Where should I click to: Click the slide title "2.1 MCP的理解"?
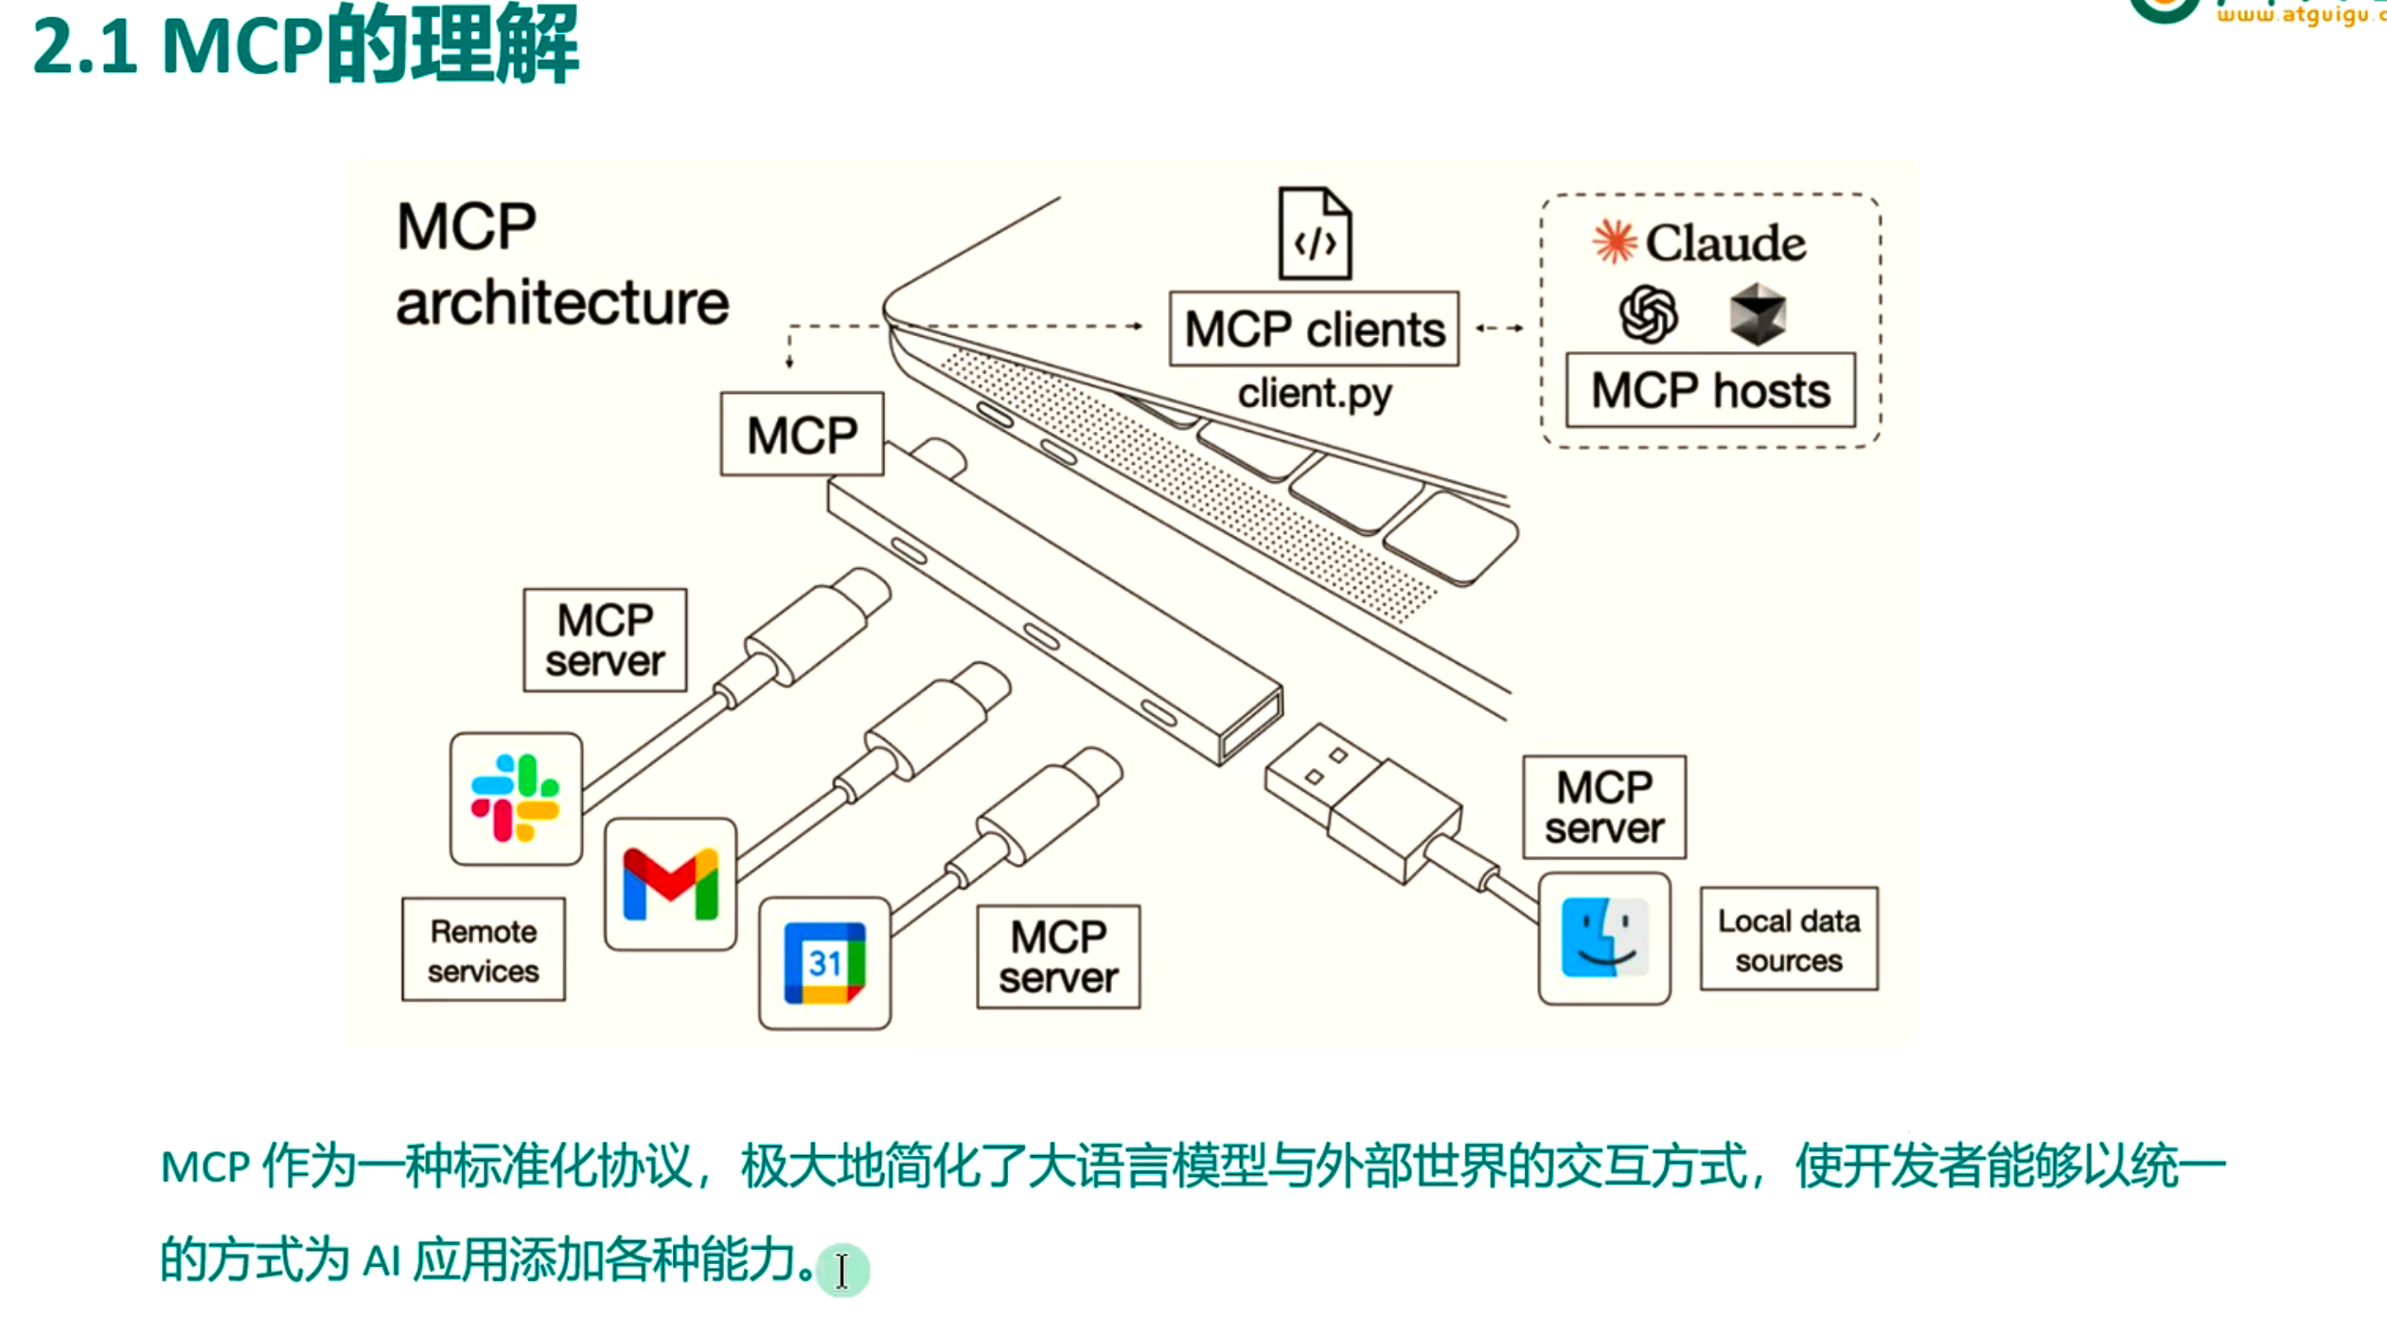pos(305,45)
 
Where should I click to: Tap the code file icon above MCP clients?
pos(1315,234)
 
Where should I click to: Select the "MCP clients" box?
pos(1314,329)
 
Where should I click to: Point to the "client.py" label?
pos(1314,393)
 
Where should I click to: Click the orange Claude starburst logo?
pos(1614,241)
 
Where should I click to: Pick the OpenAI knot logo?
pos(1648,314)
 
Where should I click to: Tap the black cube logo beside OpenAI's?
pos(1758,314)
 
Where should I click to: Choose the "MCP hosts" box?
pos(1710,390)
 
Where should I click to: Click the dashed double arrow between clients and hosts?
pos(1500,329)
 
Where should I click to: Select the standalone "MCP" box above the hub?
pos(802,435)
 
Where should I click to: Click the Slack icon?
pos(516,798)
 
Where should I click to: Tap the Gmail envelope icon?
pos(670,884)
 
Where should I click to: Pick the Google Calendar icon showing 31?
pos(824,963)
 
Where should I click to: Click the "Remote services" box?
pos(484,950)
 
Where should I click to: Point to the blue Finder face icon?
pos(1604,938)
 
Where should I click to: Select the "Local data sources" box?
pos(1789,939)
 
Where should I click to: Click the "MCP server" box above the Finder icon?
pos(1604,808)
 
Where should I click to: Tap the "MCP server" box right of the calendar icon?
pos(1058,957)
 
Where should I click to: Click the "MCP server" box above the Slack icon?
pos(605,640)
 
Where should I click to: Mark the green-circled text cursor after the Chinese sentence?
pos(841,1270)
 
